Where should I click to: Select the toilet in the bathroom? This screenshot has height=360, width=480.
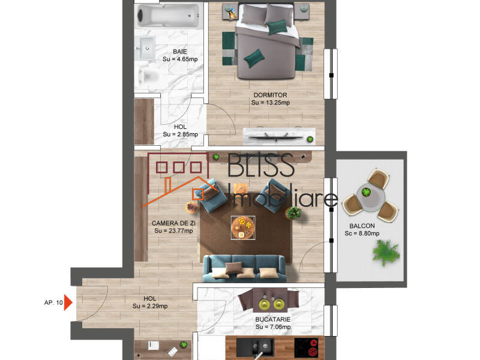tap(148, 76)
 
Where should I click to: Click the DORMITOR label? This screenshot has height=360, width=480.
tap(271, 95)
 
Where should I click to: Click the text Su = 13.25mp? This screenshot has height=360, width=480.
tap(271, 103)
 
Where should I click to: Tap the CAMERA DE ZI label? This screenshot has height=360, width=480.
tap(174, 223)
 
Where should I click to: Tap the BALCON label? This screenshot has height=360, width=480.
tap(362, 227)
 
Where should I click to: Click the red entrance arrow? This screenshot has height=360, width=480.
tap(68, 302)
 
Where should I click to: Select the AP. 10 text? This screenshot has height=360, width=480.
tap(53, 302)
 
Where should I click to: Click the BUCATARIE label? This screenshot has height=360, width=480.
tap(273, 320)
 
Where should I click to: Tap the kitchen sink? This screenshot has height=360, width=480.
tap(262, 346)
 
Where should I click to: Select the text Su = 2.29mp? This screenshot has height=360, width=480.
tap(150, 307)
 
